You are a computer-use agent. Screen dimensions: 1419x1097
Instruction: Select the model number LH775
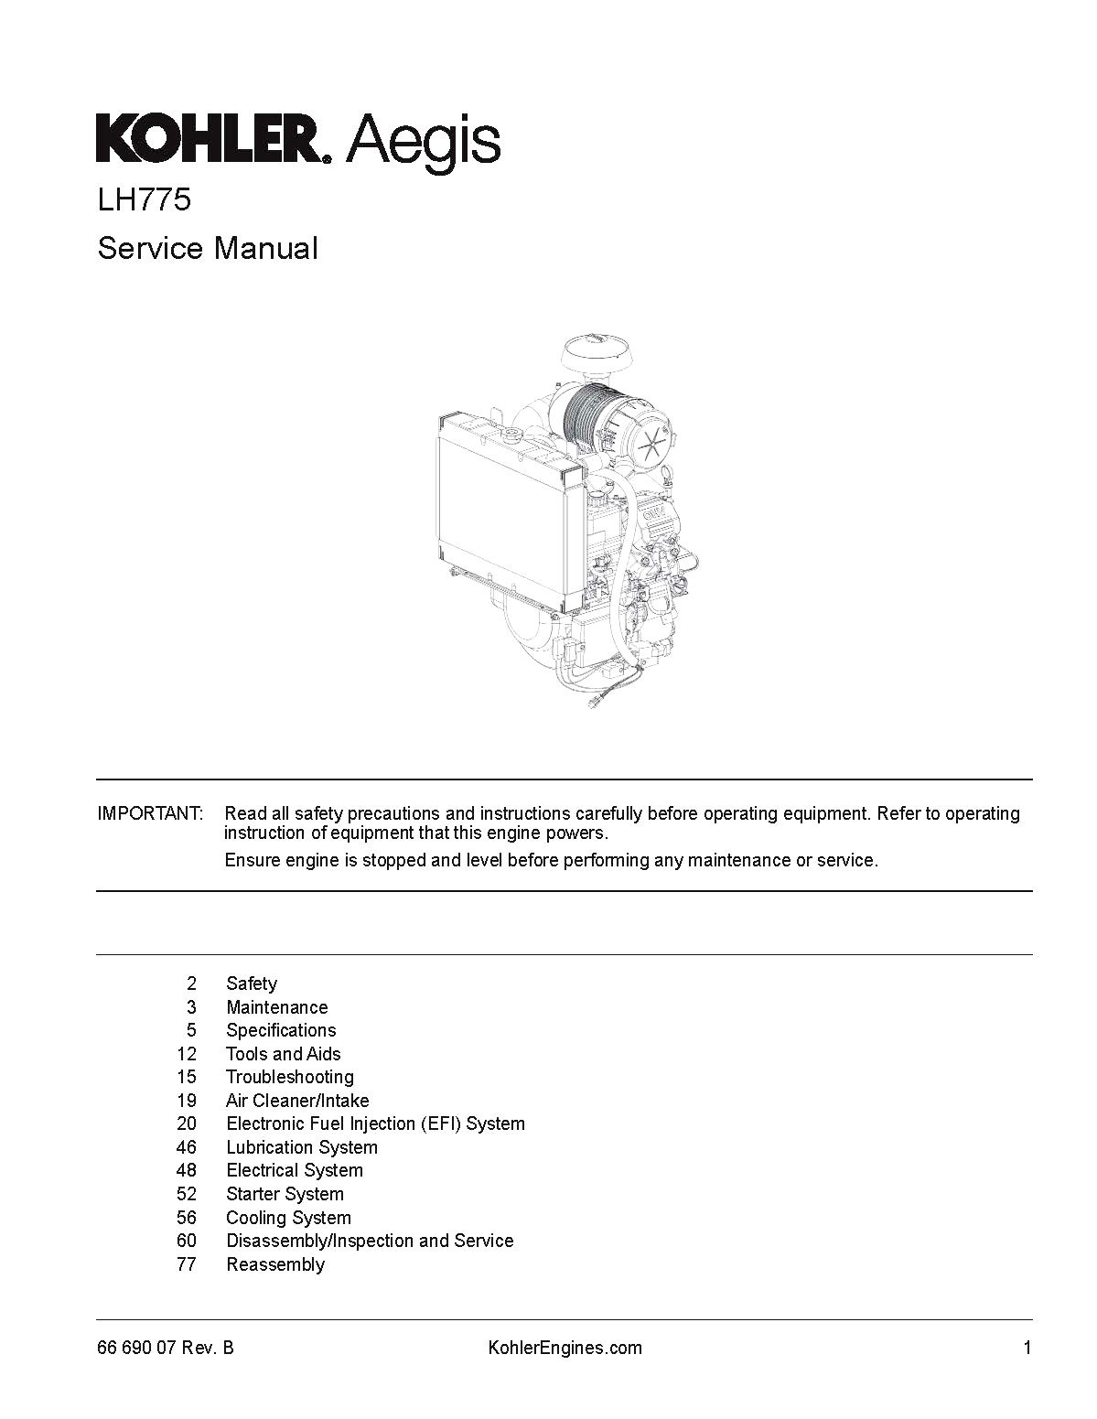[145, 200]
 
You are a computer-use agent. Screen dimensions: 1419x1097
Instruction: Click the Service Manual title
[208, 248]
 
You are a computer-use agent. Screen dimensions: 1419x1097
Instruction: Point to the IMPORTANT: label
[150, 813]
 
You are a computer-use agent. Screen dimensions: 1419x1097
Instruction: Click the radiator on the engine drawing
[509, 508]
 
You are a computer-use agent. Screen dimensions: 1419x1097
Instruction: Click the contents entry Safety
[252, 984]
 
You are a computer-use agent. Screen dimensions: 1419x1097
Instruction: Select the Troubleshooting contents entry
[290, 1077]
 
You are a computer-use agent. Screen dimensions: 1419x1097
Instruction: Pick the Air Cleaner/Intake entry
[297, 1101]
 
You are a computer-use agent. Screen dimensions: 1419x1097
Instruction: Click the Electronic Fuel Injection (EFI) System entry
[375, 1123]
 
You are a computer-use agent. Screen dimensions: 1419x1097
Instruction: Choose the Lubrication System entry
[302, 1147]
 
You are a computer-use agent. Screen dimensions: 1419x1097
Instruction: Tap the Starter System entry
[285, 1194]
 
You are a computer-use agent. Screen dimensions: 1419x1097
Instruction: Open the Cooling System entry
[288, 1218]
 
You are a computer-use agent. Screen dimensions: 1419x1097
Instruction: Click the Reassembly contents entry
[275, 1264]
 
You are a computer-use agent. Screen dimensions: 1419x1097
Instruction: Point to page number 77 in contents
[187, 1264]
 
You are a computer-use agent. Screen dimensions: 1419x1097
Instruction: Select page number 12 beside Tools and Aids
[187, 1054]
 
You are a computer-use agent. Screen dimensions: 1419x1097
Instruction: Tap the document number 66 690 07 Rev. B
[166, 1348]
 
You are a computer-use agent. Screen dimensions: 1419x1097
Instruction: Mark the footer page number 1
[1027, 1348]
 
